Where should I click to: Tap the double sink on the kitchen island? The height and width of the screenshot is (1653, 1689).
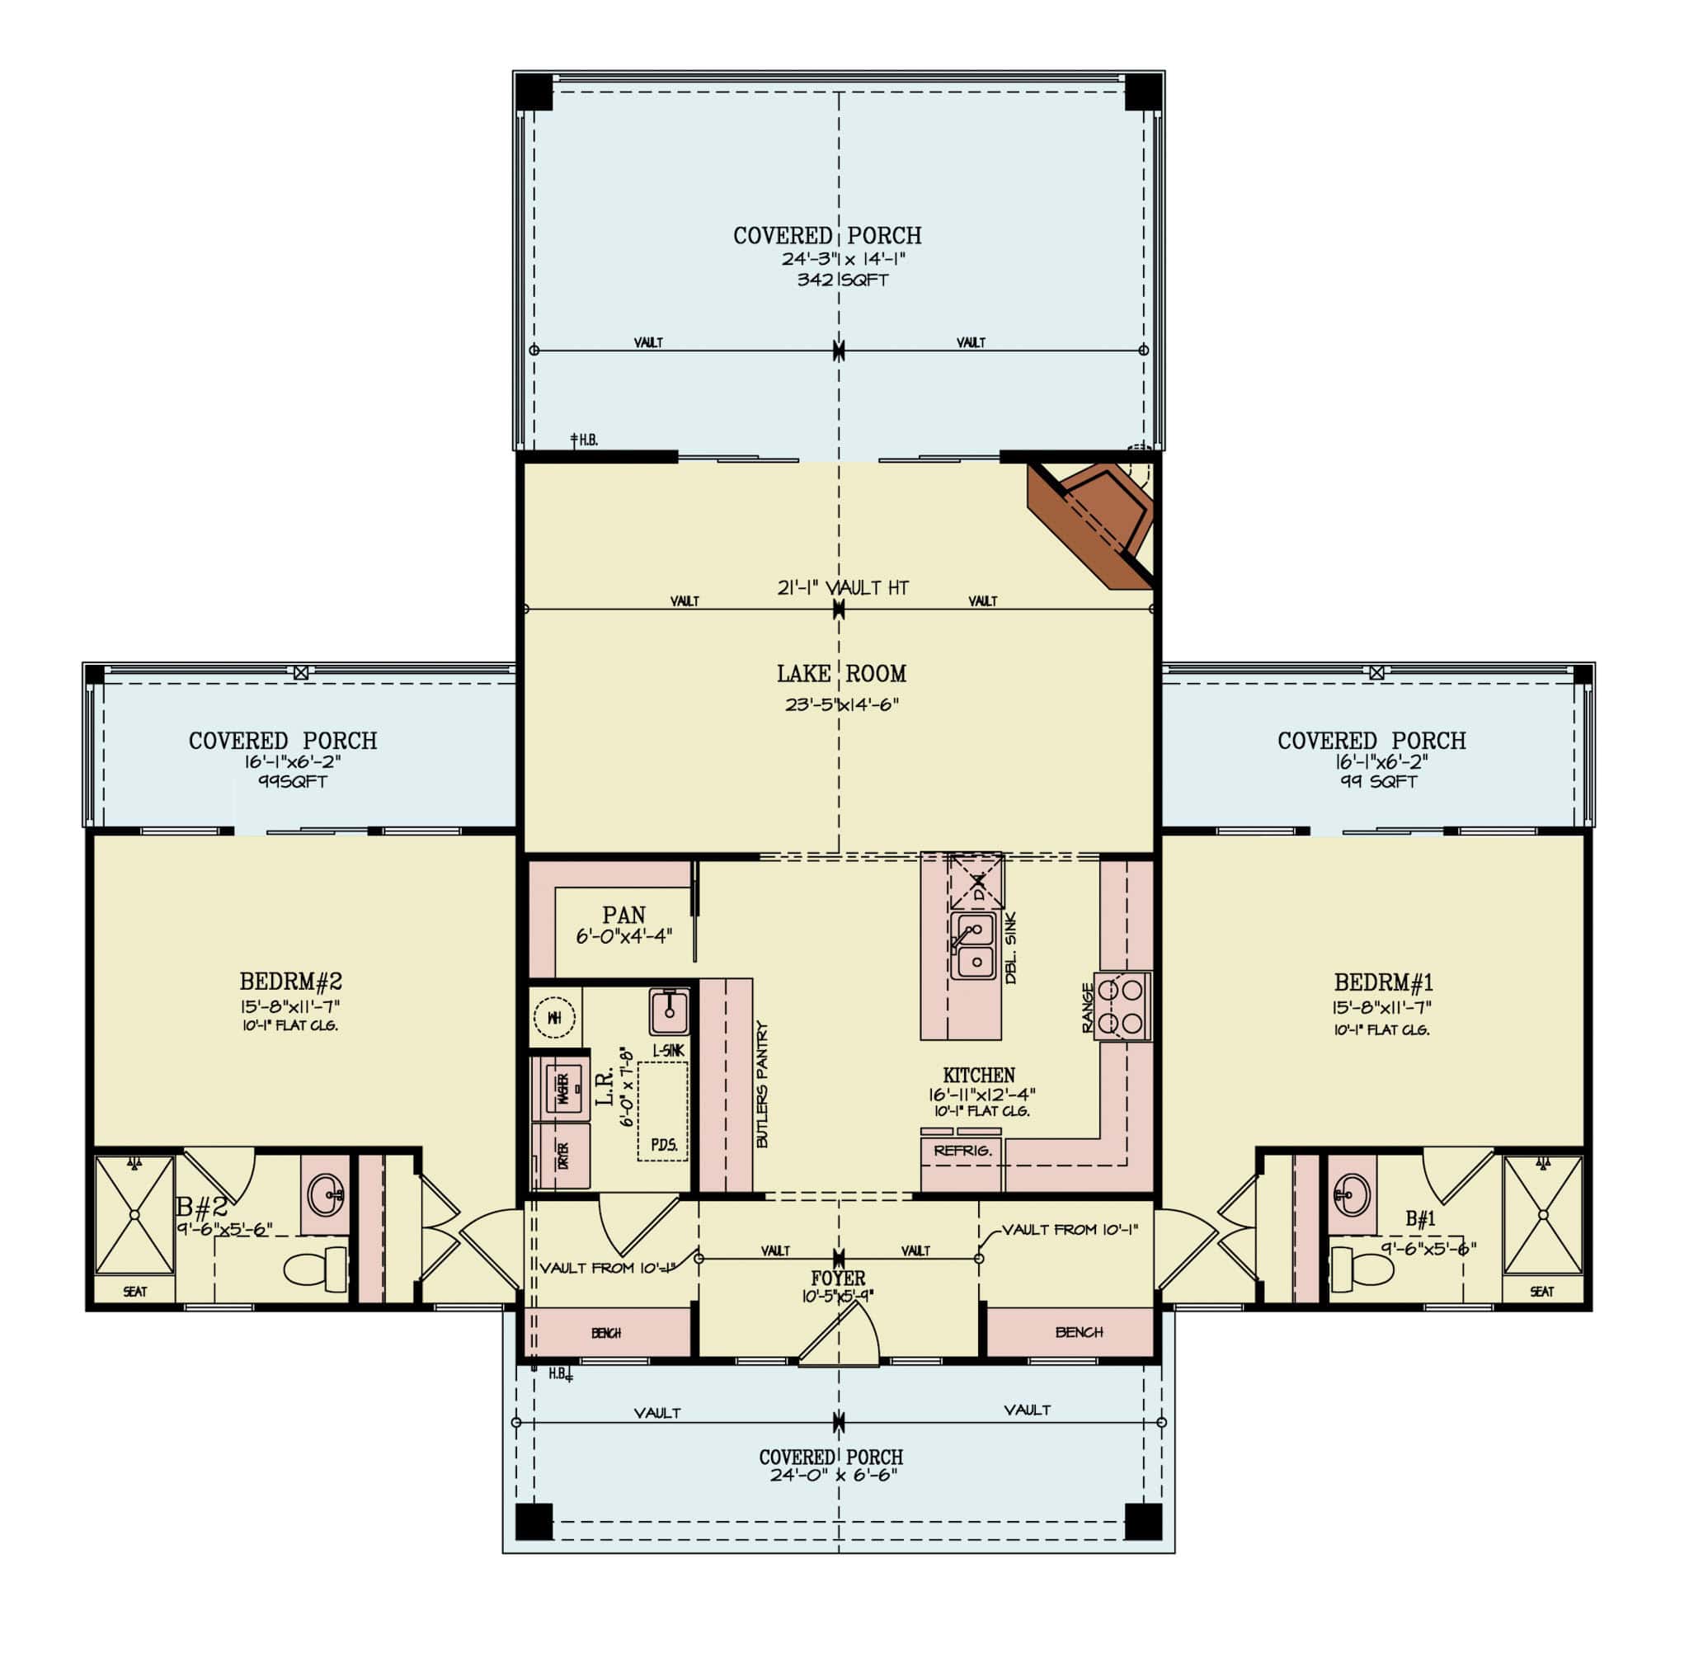(973, 945)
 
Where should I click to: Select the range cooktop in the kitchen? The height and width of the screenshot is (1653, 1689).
(1121, 1006)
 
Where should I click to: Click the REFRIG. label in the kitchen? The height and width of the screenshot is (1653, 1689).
(962, 1151)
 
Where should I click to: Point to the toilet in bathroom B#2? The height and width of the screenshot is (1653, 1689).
(316, 1269)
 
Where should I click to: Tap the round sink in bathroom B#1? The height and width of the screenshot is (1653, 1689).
(1351, 1196)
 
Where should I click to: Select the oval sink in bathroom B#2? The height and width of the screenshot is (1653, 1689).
(327, 1195)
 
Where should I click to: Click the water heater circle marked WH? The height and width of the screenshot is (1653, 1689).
(553, 1018)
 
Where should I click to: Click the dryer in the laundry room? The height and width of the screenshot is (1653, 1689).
(562, 1156)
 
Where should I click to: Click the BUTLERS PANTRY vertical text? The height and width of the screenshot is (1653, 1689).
(762, 1085)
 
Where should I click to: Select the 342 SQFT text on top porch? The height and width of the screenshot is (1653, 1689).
(842, 280)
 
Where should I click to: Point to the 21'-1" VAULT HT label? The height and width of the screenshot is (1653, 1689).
(842, 588)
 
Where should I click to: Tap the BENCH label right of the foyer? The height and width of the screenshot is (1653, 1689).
(1079, 1332)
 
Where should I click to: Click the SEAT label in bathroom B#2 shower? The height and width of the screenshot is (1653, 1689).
(134, 1291)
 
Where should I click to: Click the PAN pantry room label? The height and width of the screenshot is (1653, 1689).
(623, 915)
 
